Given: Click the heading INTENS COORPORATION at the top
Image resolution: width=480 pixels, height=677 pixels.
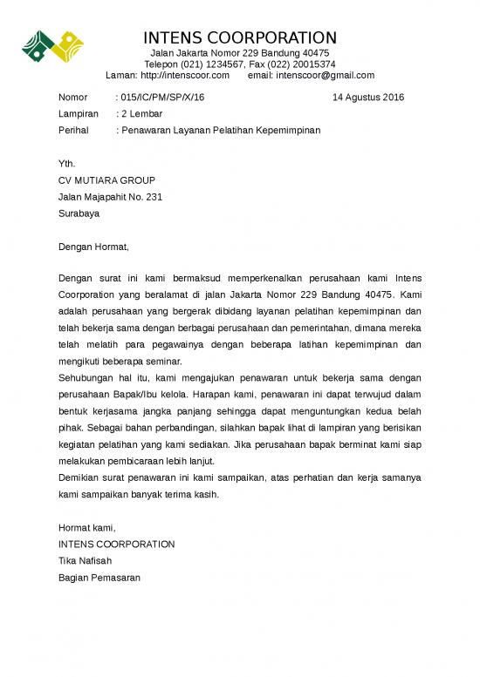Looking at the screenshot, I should [239, 37].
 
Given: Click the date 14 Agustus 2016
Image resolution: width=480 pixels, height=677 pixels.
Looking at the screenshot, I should [368, 98].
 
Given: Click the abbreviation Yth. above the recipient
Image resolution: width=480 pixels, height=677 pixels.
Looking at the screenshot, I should [66, 164].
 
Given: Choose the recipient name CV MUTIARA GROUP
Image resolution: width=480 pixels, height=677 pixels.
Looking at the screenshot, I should [106, 180].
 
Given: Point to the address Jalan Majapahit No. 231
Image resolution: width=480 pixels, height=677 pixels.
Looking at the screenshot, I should [110, 197].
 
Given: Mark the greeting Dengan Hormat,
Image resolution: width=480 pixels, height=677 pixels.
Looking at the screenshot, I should [93, 247].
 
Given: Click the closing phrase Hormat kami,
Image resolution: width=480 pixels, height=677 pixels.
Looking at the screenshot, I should [86, 528].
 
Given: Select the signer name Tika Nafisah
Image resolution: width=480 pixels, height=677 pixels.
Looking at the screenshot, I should [85, 560].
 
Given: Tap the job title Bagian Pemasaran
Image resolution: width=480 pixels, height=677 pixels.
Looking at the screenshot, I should [99, 577].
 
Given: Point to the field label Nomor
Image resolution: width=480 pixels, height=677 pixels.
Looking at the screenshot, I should [72, 98].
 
